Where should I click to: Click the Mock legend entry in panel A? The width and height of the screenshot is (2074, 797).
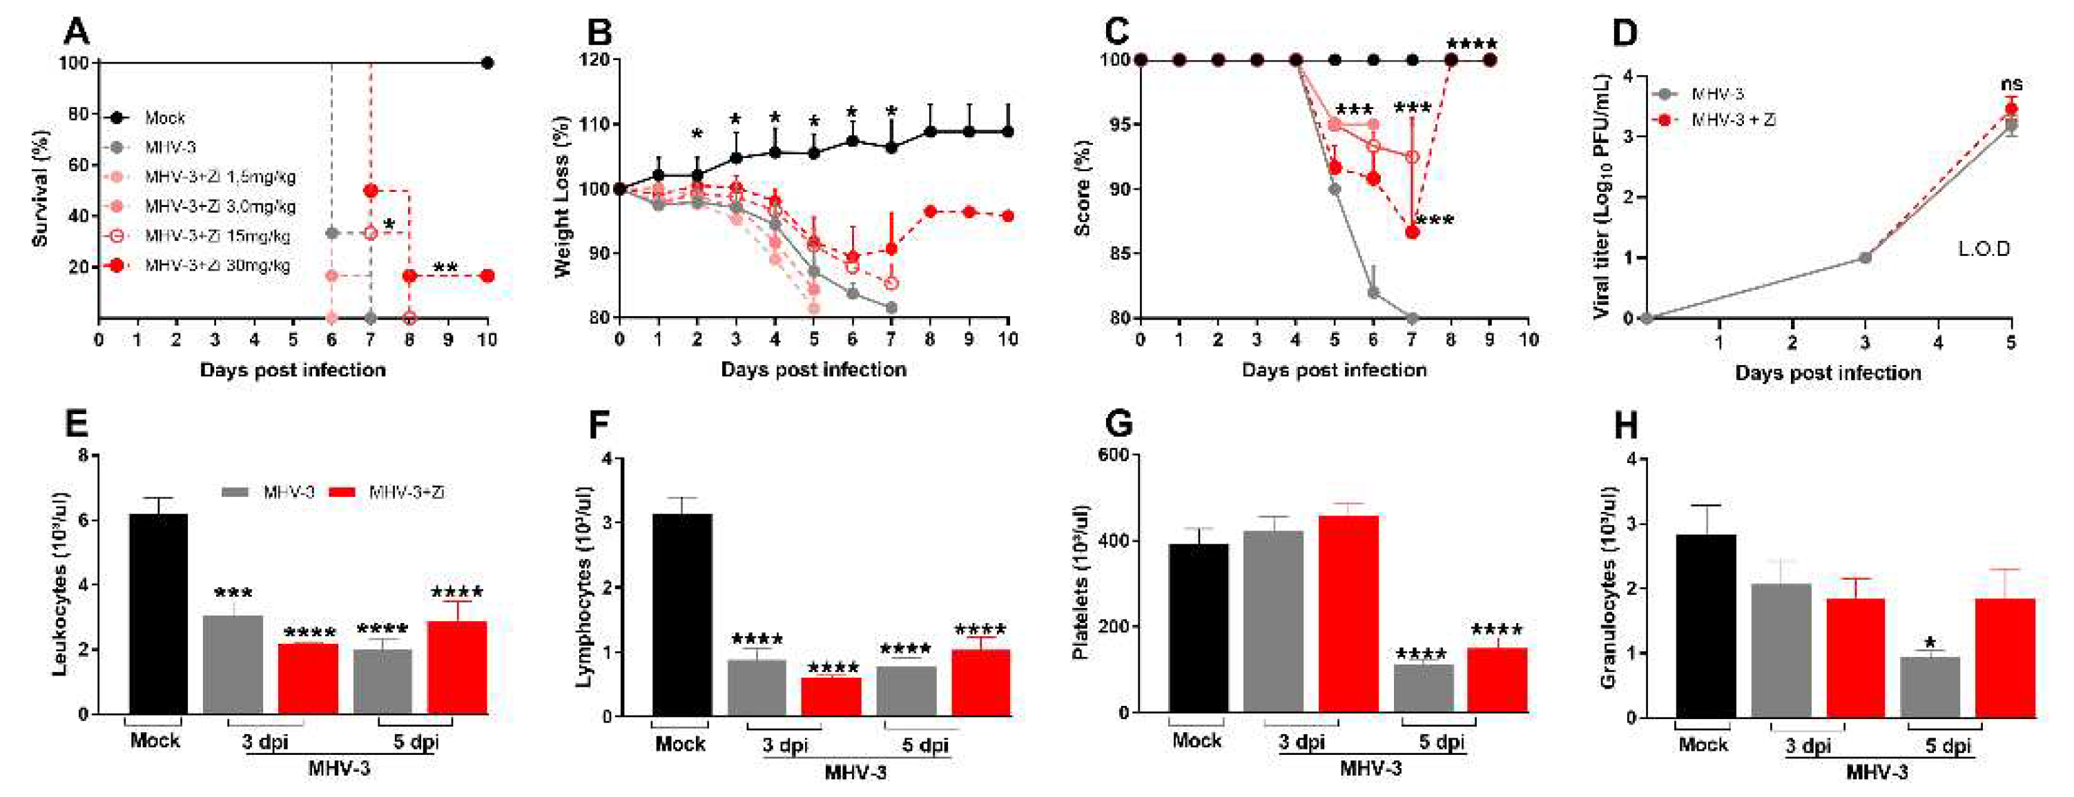tap(164, 117)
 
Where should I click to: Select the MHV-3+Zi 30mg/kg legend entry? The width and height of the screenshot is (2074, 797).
tap(217, 265)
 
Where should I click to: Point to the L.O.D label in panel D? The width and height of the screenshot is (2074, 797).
tap(1984, 248)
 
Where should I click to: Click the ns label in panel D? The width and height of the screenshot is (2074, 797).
tap(2010, 83)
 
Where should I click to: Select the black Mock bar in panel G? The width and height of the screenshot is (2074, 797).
tap(1198, 628)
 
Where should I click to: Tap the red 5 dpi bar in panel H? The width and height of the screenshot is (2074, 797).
tap(2005, 657)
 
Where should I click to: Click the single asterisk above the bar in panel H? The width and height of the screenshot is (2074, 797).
tap(1929, 643)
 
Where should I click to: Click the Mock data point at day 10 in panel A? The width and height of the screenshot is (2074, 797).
tap(486, 63)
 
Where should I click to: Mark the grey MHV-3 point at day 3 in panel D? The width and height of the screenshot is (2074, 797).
tap(1865, 257)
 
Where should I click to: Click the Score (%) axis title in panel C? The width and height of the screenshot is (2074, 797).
tap(1084, 188)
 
